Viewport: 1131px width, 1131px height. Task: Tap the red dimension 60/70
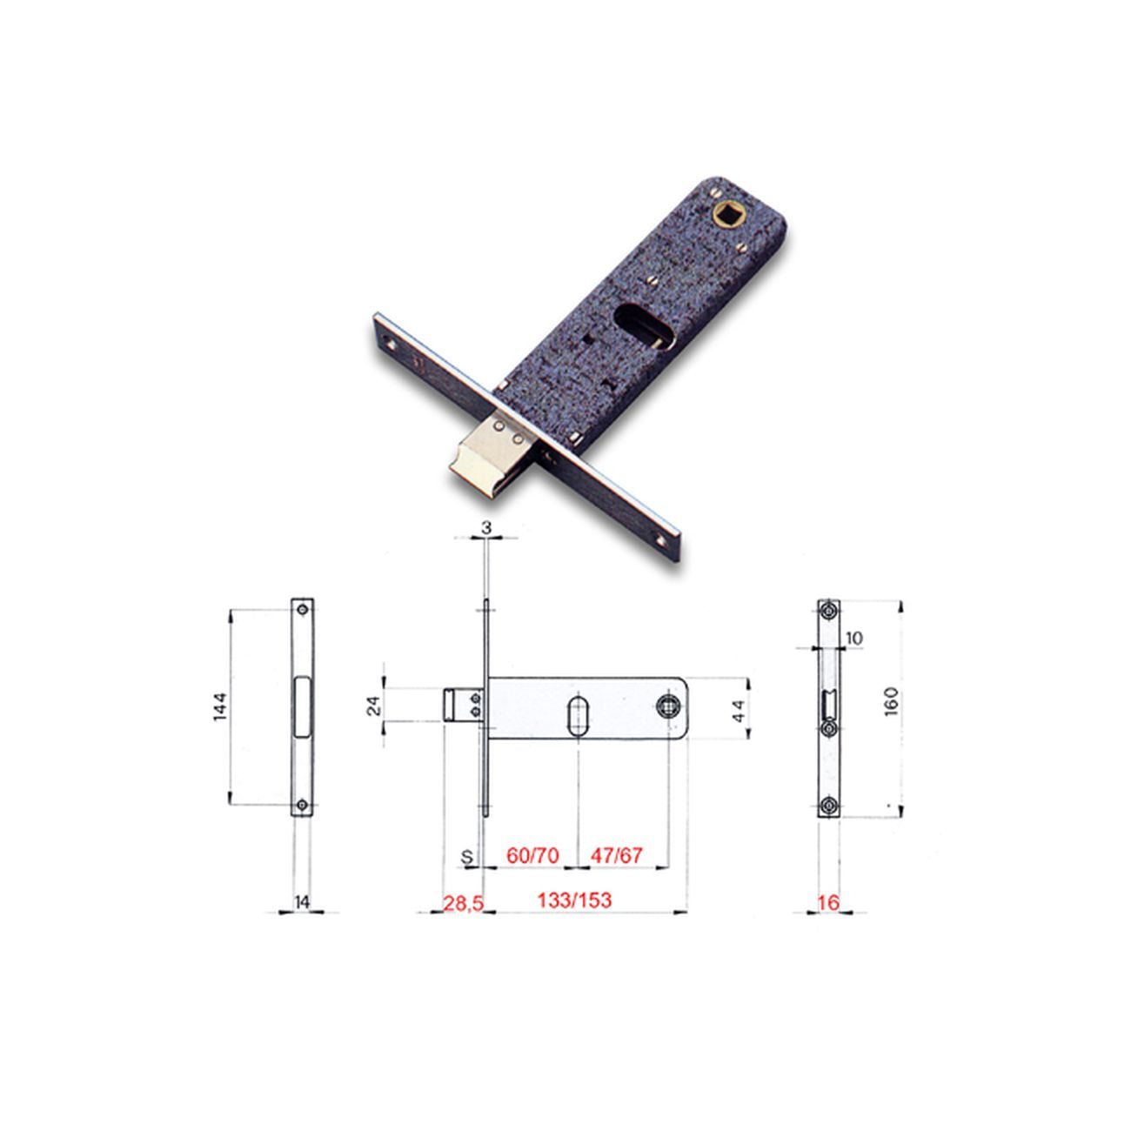click(533, 855)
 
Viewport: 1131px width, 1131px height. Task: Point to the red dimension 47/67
click(616, 855)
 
